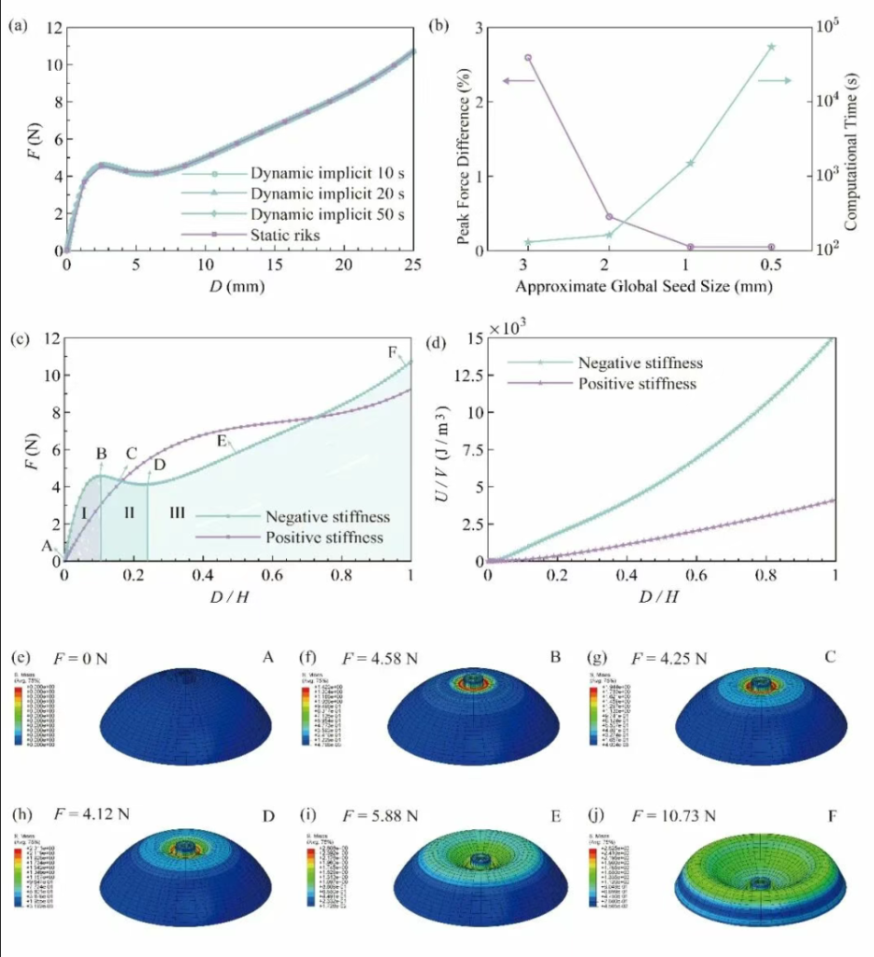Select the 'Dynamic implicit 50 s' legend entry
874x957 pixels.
click(x=327, y=215)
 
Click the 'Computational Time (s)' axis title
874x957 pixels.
click(x=852, y=138)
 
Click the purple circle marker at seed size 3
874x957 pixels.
click(x=528, y=58)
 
